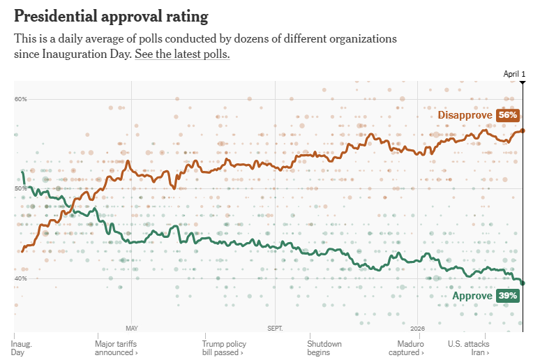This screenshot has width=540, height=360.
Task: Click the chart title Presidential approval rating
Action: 111,15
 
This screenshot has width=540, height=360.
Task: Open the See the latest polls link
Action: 182,54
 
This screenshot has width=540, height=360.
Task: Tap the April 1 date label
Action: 514,74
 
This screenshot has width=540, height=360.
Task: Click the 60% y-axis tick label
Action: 20,99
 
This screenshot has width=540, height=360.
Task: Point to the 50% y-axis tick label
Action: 20,188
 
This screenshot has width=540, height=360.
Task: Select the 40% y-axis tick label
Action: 20,278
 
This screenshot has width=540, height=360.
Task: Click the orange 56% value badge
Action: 507,115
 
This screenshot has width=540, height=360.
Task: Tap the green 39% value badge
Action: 507,296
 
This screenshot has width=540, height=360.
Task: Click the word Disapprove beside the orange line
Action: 465,115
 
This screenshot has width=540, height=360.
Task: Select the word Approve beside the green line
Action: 472,296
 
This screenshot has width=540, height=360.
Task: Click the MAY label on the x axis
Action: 132,327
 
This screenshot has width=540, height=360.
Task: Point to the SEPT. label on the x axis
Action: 275,327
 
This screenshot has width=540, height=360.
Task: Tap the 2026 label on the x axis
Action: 417,327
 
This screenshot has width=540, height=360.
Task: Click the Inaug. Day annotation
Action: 22,348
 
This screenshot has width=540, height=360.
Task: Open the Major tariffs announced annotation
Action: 116,348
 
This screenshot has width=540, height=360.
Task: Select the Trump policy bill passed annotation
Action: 224,348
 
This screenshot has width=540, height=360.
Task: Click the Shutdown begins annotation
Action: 324,348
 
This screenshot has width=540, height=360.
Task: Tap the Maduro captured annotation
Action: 411,348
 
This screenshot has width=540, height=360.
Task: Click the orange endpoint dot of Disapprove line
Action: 523,130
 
